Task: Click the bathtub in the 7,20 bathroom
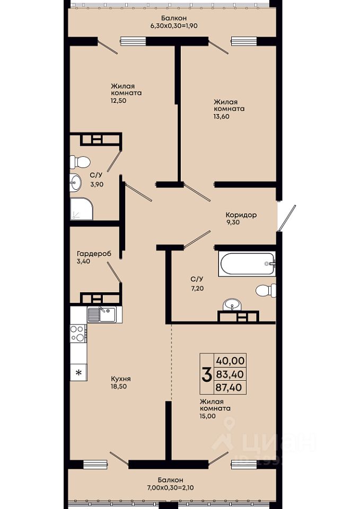click(x=247, y=264)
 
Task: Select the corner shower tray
click(x=82, y=209)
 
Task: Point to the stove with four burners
click(x=78, y=333)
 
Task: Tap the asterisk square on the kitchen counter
click(x=78, y=372)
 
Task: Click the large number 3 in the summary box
click(x=207, y=374)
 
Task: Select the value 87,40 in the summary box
click(x=230, y=387)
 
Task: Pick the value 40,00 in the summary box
click(x=230, y=361)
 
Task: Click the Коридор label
click(x=241, y=215)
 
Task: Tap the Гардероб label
click(x=94, y=253)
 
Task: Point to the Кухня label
click(x=121, y=379)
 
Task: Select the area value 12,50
click(x=118, y=101)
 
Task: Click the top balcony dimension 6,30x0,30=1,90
click(x=174, y=25)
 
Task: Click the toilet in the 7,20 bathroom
click(x=266, y=290)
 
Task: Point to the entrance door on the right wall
click(x=287, y=218)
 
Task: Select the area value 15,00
click(x=208, y=416)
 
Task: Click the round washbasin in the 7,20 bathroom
click(x=232, y=305)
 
